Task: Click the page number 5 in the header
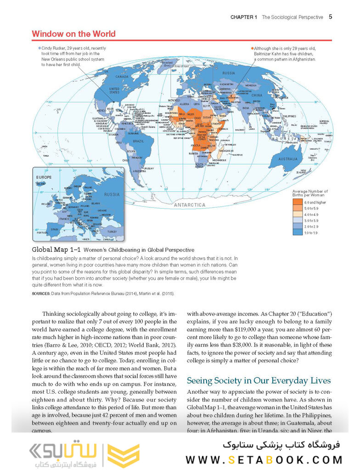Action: point(330,17)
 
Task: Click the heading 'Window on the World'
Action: point(73,34)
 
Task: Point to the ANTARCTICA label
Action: point(190,204)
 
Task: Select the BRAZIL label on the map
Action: point(139,141)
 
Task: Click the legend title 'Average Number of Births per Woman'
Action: point(310,193)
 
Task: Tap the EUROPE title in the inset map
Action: point(45,177)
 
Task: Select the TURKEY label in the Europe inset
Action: point(112,232)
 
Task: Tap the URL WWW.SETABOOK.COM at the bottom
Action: point(264,459)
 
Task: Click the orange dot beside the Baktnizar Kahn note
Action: point(252,48)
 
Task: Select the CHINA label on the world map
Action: point(257,96)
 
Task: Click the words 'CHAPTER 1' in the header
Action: point(244,17)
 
